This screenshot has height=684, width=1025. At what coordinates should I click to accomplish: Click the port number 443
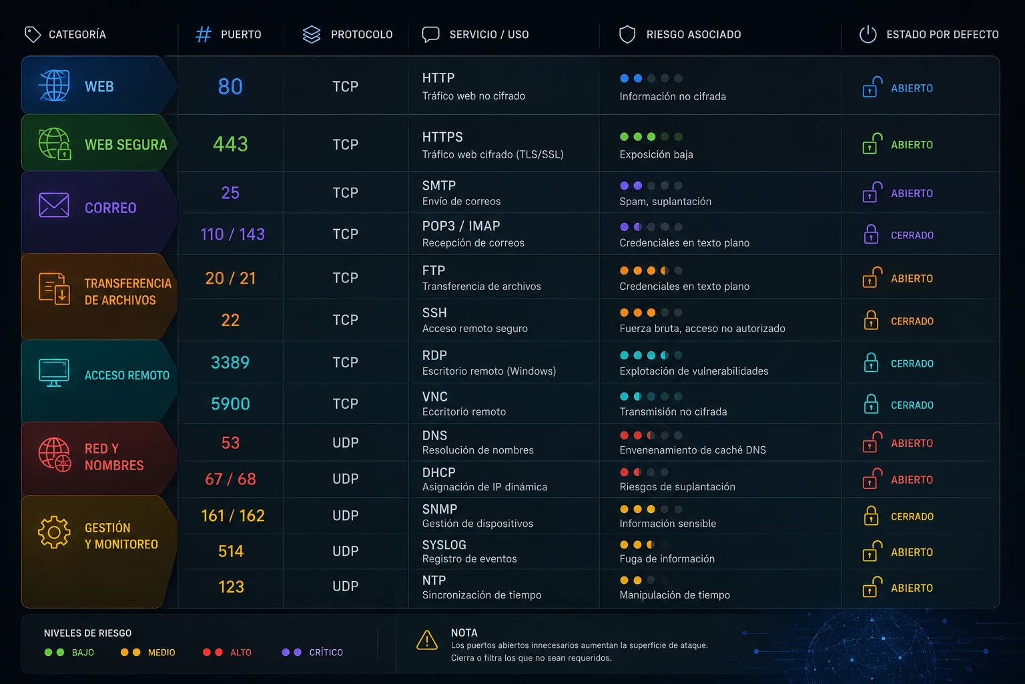pos(230,144)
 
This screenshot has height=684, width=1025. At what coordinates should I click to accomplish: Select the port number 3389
pos(230,363)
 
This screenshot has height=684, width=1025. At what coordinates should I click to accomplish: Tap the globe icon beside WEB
pos(55,85)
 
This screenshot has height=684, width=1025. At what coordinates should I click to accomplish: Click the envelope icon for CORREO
pos(54,205)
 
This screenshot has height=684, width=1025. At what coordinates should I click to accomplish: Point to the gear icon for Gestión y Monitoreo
pos(54,532)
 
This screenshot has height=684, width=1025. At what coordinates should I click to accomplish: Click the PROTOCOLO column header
pos(362,34)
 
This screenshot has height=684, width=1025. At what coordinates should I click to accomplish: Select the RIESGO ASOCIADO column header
pos(693,34)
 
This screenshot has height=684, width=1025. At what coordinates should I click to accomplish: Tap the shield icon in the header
pos(627,34)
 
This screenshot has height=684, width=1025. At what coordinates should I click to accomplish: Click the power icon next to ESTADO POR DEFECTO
pos(868,34)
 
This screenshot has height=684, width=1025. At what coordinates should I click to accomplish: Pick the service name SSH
pos(434,313)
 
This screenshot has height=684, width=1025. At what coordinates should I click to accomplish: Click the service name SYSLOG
pos(444,544)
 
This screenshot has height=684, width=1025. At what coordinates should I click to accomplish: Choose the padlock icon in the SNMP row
pos(870,516)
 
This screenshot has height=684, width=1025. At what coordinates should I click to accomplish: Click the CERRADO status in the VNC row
pos(912,405)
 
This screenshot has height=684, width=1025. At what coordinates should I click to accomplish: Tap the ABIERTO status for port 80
pos(912,88)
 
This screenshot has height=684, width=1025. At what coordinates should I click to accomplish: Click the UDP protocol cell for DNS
pos(346,443)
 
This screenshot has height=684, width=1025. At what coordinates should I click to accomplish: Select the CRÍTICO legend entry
pos(312,652)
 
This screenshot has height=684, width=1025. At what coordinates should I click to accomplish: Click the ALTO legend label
pos(241,653)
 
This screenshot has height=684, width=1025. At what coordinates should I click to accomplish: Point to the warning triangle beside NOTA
pos(427,640)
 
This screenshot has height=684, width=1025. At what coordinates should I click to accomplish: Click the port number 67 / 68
pos(230,479)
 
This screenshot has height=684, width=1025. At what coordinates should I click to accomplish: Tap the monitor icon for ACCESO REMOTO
pos(54,373)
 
